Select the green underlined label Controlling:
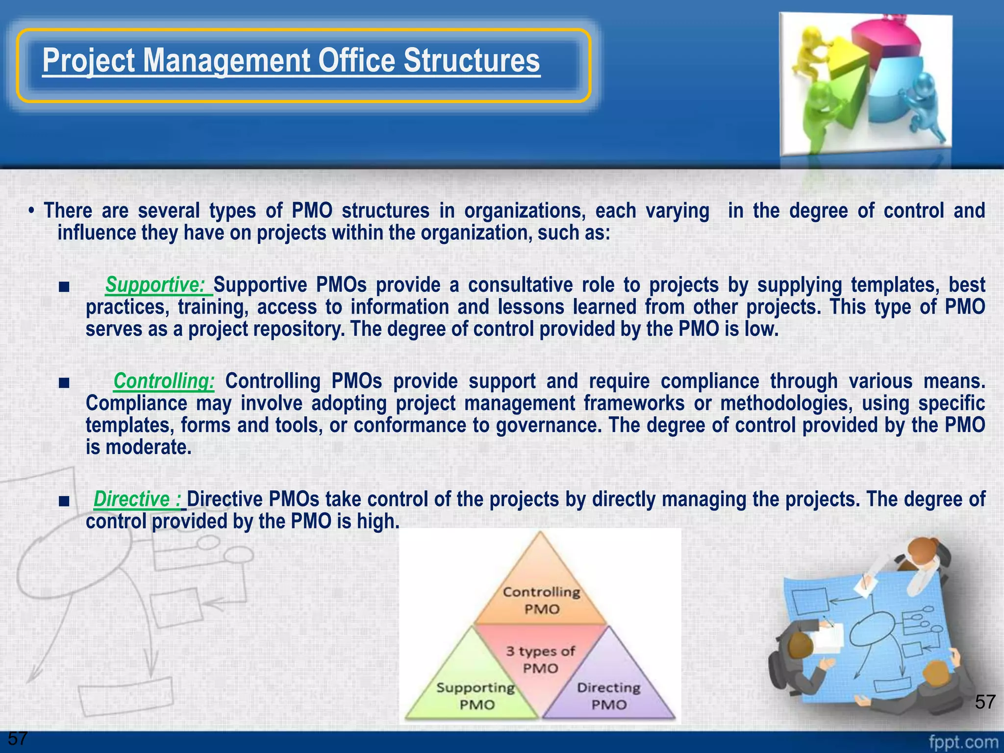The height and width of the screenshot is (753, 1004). [x=164, y=381]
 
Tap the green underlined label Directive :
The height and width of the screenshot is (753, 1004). [x=137, y=499]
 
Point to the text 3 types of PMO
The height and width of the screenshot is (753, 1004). [x=540, y=660]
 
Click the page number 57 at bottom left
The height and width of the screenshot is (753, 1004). [x=18, y=738]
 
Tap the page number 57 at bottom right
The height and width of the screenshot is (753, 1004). [x=985, y=702]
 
